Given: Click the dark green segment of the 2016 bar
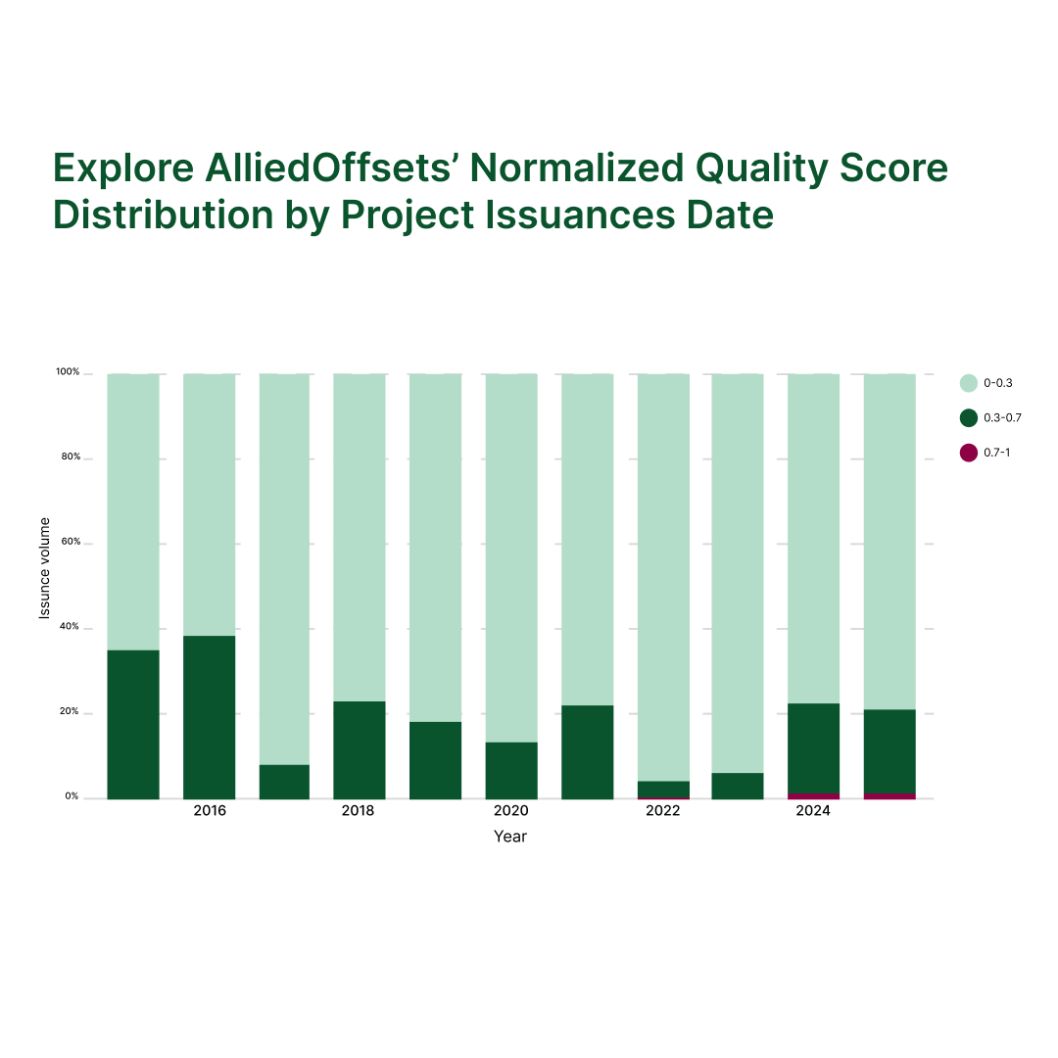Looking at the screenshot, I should click(x=209, y=716).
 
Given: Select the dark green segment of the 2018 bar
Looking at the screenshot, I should click(x=359, y=749).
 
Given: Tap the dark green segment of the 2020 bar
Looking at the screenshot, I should click(x=510, y=770).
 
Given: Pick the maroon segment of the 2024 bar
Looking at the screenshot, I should click(x=813, y=795).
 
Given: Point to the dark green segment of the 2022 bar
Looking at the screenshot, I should click(x=663, y=789).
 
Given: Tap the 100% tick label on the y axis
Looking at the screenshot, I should click(x=68, y=372).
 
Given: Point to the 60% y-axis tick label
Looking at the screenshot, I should click(x=70, y=542).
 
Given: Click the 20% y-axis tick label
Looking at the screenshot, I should click(x=70, y=711).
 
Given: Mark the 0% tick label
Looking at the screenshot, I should click(x=72, y=796).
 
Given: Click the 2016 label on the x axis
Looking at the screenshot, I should click(x=210, y=811).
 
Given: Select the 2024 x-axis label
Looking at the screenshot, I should click(x=813, y=811).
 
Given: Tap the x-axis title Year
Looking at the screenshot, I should click(x=510, y=837).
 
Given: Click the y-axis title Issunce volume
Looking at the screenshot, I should click(x=44, y=568).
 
